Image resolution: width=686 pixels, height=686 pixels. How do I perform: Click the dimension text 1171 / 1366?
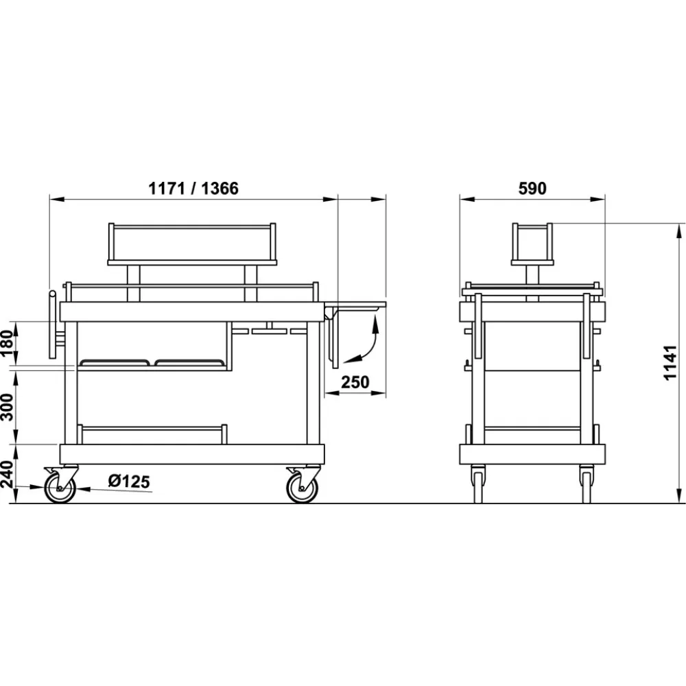(193, 189)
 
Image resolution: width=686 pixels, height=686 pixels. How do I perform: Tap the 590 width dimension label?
(532, 189)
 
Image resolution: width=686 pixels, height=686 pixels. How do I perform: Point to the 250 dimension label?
(354, 381)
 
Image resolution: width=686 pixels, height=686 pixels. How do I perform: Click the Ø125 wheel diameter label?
(129, 482)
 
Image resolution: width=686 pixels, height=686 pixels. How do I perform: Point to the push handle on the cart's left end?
(52, 325)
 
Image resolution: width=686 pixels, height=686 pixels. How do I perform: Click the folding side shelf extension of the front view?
(357, 305)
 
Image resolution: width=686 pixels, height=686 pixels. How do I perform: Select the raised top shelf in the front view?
(192, 244)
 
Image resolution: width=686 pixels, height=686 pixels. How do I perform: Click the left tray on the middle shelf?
(116, 362)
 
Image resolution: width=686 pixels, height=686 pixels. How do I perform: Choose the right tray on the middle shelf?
(190, 362)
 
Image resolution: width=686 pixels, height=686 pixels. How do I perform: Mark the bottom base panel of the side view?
(532, 454)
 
